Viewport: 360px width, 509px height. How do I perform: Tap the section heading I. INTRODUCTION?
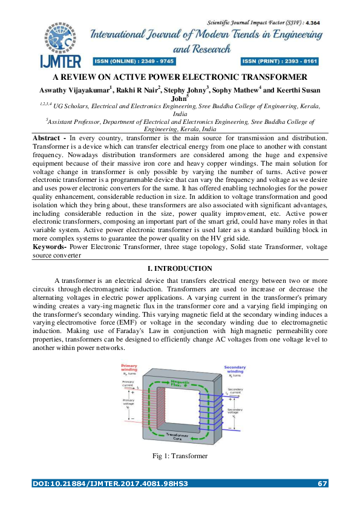(x=180, y=268)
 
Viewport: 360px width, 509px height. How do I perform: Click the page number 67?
(x=322, y=483)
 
